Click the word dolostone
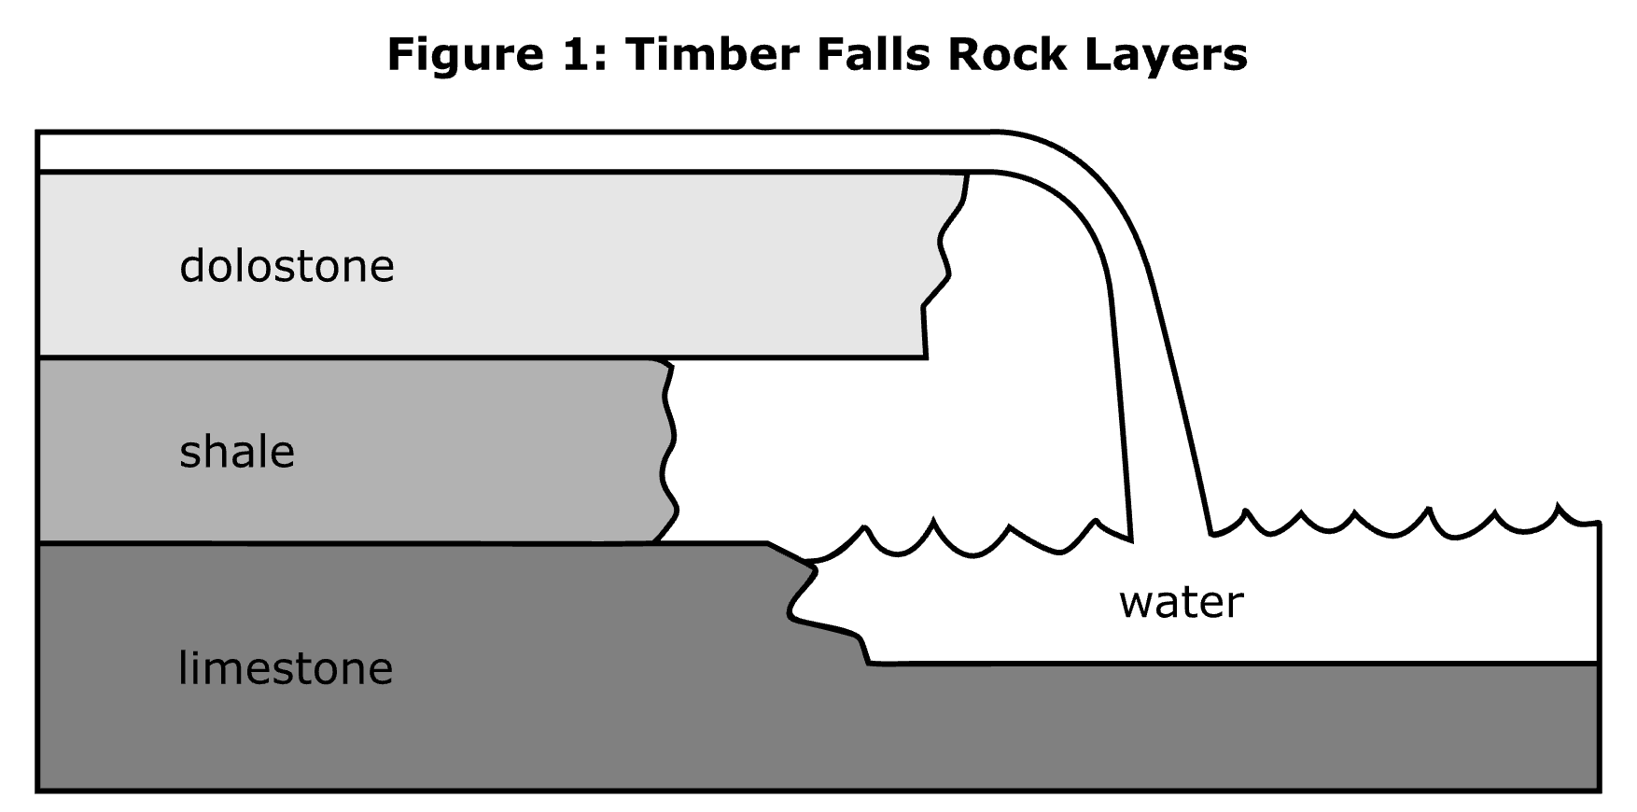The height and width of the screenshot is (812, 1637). click(287, 266)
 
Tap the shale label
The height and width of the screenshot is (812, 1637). click(237, 453)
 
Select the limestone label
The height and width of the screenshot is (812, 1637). click(286, 668)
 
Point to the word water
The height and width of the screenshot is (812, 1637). click(1181, 602)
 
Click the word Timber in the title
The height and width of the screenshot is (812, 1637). click(710, 54)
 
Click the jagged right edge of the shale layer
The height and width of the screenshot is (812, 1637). click(668, 448)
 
